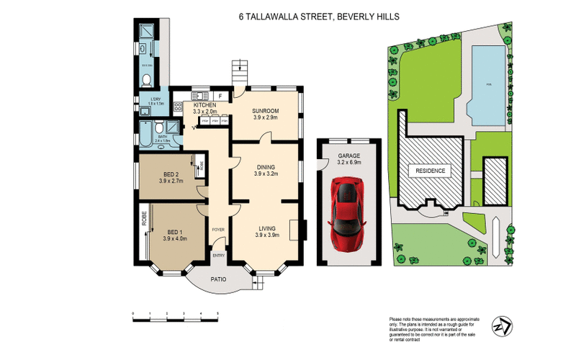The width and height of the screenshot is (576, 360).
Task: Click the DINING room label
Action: pos(266,168)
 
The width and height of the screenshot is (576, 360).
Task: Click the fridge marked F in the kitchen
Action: pos(220,95)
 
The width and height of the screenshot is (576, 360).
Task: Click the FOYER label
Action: pos(217,230)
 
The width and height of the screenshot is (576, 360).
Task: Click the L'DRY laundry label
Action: pos(156,99)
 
